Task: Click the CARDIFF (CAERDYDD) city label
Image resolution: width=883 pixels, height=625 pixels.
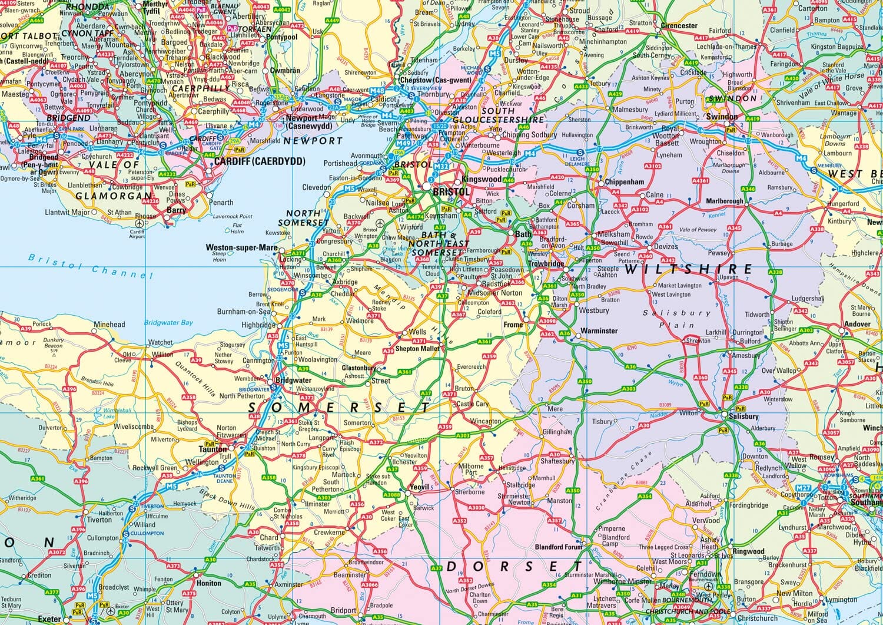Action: [x=260, y=161]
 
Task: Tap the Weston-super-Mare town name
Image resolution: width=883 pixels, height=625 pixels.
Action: [x=241, y=247]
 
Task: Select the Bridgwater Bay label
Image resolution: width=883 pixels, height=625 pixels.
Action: [x=168, y=322]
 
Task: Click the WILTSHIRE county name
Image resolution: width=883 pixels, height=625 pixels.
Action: [x=688, y=269]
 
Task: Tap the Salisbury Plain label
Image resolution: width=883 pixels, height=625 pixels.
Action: [x=668, y=319]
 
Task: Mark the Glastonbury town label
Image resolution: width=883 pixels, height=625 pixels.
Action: [x=358, y=368]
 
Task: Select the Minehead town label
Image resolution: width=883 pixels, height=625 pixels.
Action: [x=109, y=324]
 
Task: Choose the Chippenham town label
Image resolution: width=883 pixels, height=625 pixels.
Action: [x=625, y=182]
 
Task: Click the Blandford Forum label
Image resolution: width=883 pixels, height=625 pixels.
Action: [x=558, y=547]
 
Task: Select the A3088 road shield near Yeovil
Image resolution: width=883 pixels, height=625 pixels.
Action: [x=391, y=494]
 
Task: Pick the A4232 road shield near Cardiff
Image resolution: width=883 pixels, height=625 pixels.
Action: [x=167, y=174]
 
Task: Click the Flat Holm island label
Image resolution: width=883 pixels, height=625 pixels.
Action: [x=237, y=227]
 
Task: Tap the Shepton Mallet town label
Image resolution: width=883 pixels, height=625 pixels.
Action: [x=417, y=348]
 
